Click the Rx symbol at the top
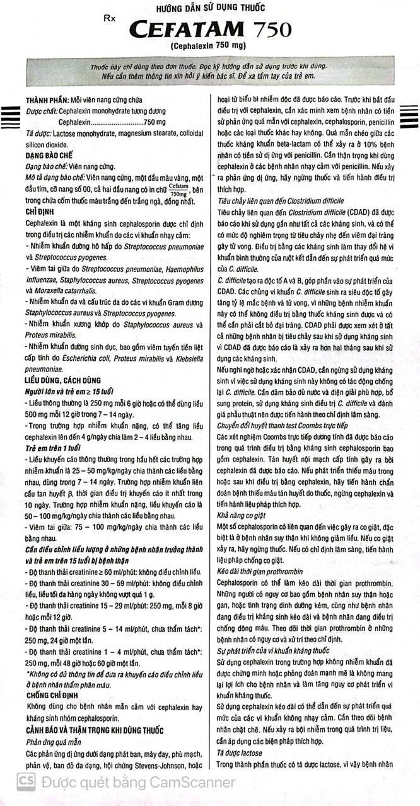pos(111,20)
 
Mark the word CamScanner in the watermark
pos(192,783)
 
